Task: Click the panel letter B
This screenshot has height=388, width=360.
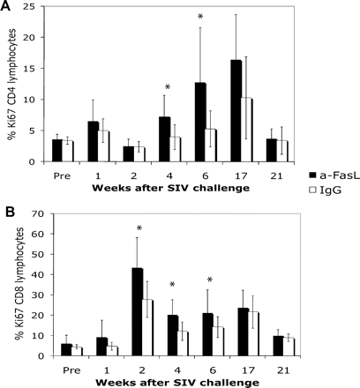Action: [x=7, y=210]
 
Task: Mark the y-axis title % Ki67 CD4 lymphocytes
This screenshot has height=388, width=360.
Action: [x=11, y=85]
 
